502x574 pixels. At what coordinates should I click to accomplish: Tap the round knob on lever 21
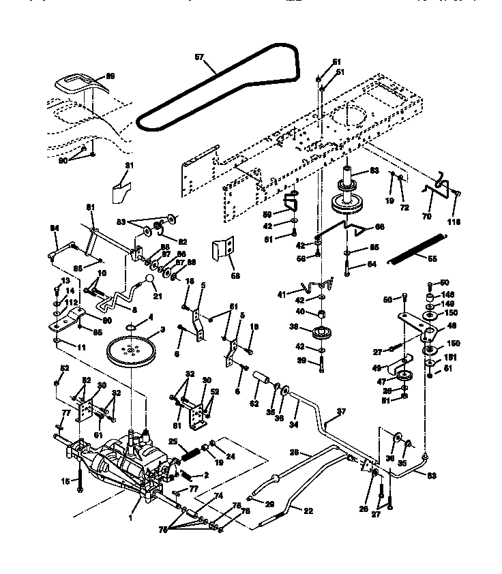click(x=148, y=280)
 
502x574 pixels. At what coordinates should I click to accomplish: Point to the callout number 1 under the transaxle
click(x=130, y=517)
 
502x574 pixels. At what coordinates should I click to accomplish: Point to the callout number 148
click(x=446, y=294)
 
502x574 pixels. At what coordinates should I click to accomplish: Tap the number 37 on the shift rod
click(x=342, y=412)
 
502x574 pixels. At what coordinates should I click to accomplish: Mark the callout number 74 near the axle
click(x=219, y=497)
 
